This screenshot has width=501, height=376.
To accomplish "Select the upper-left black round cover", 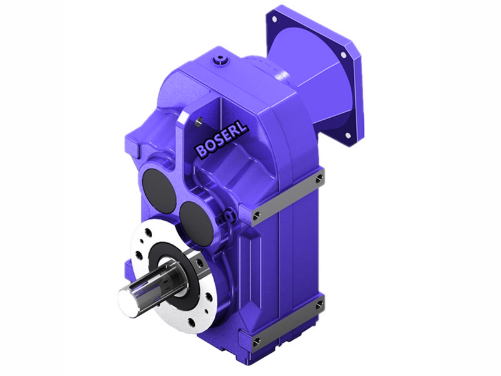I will [157, 185].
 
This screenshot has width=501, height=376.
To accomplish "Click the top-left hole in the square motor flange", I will [274, 19].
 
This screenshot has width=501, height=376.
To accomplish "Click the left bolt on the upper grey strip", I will [257, 217].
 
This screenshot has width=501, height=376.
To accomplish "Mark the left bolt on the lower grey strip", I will [257, 342].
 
